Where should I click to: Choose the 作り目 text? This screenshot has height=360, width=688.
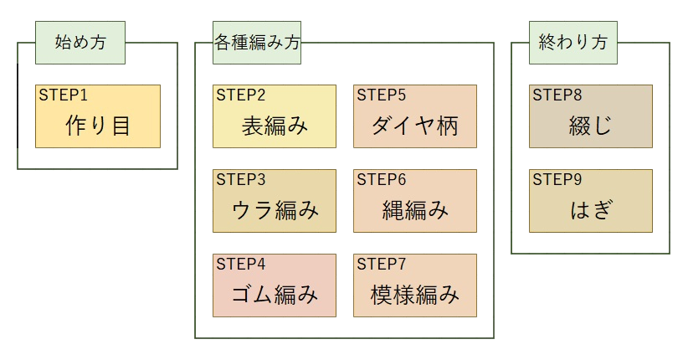pos(98,126)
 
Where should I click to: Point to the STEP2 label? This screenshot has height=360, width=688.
pos(240,94)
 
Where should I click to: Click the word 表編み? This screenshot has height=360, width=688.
pos(275,126)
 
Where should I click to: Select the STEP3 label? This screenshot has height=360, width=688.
pos(240,178)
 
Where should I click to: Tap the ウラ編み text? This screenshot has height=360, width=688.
pos(275,210)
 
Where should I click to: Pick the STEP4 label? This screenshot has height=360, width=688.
pos(240,263)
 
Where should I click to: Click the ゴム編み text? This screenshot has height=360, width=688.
pos(275,295)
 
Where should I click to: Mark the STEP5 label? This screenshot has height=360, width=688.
pos(381,94)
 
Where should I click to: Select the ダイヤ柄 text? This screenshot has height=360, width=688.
pos(415,126)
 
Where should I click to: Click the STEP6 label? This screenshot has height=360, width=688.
pos(381,178)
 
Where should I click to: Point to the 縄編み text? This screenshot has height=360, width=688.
pos(415,210)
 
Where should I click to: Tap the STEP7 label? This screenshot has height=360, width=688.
pos(381,263)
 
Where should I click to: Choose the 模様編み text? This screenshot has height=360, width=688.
pos(415,295)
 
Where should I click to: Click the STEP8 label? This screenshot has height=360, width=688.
pos(557,94)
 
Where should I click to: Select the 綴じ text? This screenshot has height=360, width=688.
pos(591,126)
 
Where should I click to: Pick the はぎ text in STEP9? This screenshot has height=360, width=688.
pos(591,210)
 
